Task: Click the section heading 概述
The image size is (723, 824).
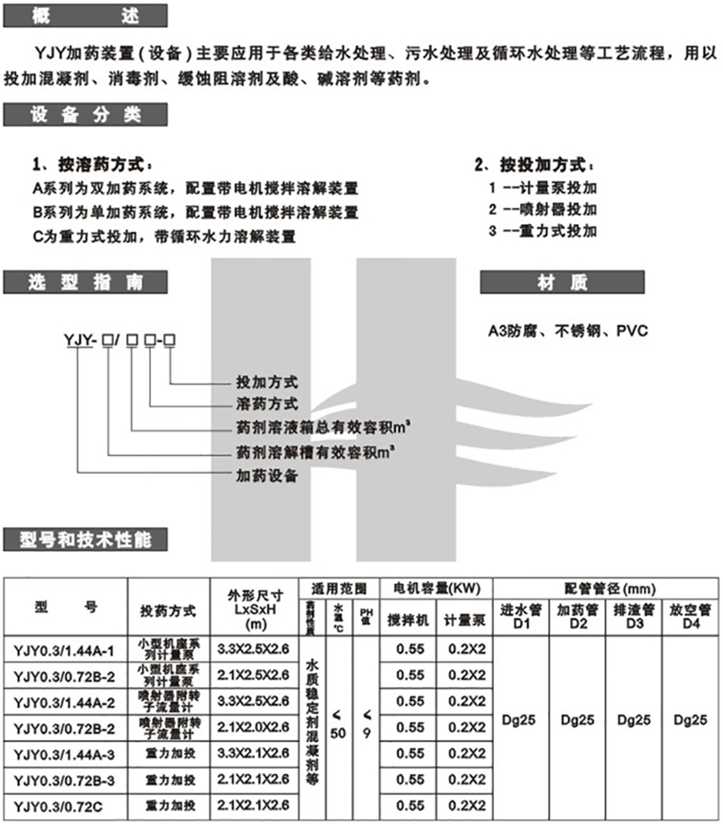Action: (85, 15)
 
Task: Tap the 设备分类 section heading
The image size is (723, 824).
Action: (85, 114)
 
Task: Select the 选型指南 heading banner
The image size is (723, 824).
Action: (85, 282)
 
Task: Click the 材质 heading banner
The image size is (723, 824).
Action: (562, 282)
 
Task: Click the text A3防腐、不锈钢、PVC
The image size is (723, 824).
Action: (567, 331)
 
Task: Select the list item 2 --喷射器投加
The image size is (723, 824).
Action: (542, 209)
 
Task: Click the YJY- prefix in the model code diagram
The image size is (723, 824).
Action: (80, 343)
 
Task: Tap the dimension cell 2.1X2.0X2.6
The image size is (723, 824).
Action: (254, 727)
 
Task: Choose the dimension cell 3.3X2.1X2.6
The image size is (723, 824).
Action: (254, 753)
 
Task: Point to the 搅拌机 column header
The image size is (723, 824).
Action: (408, 621)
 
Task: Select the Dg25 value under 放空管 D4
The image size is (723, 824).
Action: (690, 720)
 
